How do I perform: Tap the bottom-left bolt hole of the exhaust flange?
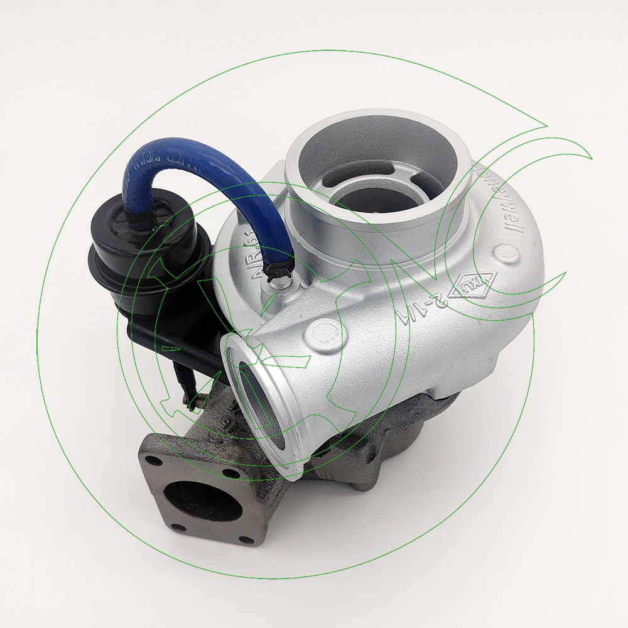178,528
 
